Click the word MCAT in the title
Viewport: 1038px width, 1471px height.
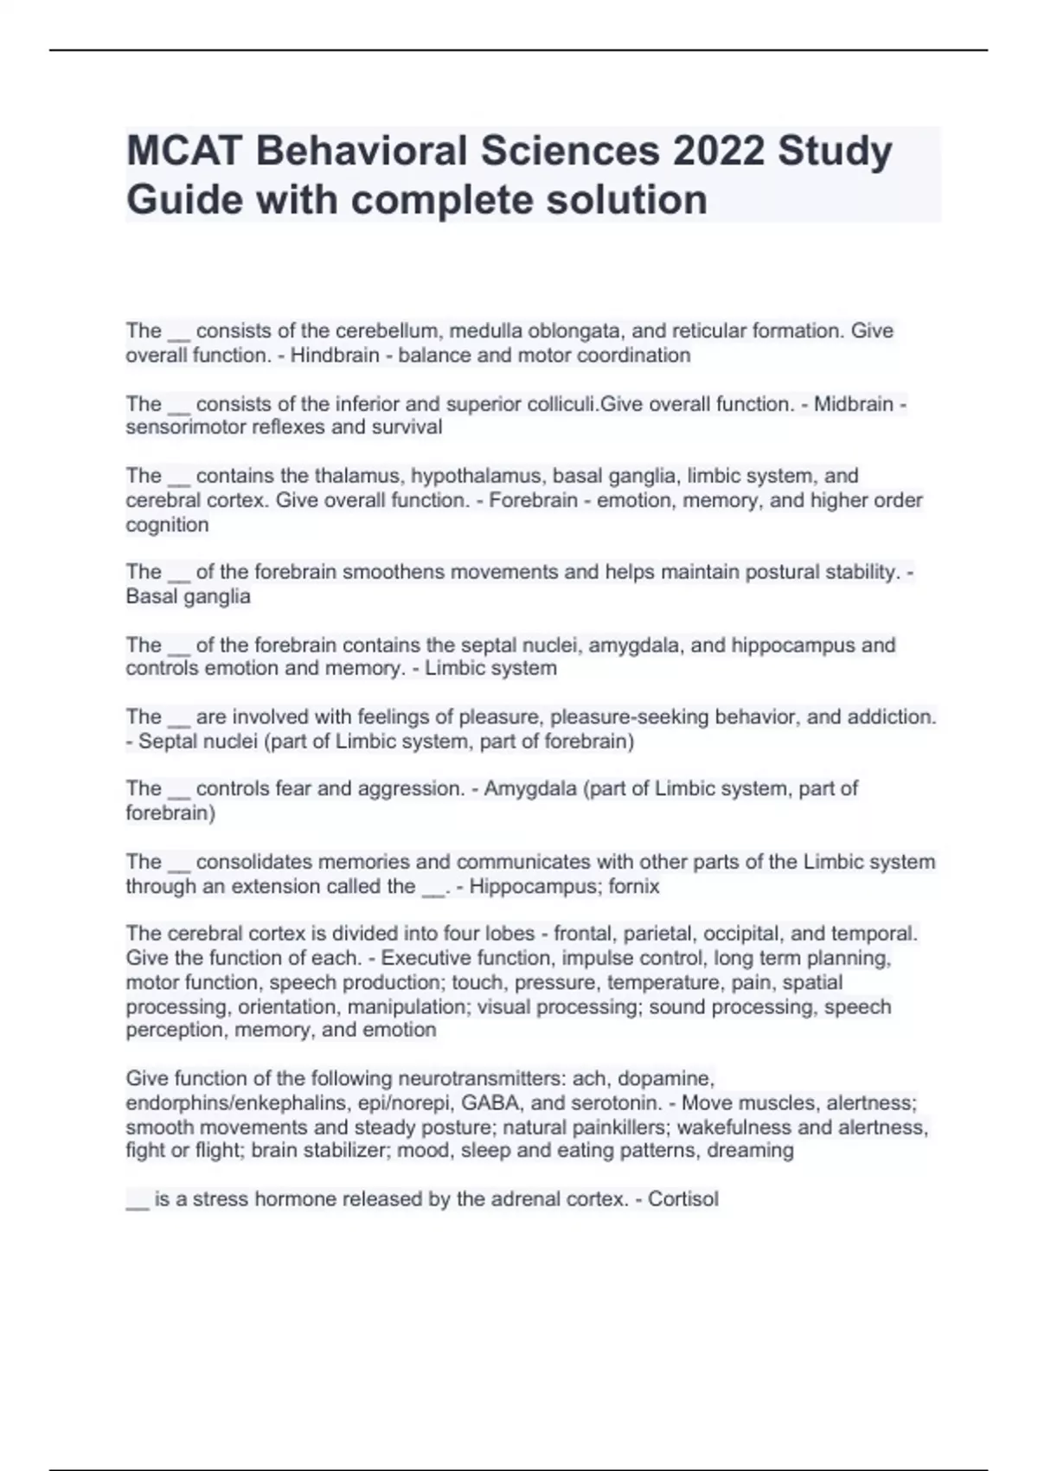coord(183,151)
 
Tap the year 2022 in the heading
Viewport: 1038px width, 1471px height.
coord(719,151)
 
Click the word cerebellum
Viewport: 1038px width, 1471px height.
coord(386,331)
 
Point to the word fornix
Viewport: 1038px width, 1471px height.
coord(633,887)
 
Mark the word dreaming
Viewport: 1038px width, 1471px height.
coord(750,1151)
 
